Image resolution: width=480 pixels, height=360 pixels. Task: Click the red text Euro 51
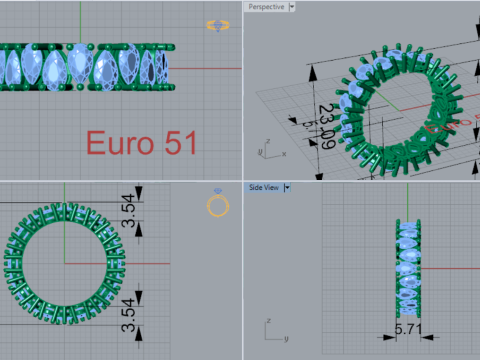click(x=139, y=143)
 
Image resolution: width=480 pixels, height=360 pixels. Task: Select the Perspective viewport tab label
click(x=265, y=6)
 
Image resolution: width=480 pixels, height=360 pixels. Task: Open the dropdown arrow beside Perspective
click(x=292, y=6)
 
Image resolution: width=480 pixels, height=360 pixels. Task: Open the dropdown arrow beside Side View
click(x=287, y=187)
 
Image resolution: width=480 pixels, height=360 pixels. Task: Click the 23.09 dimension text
click(x=325, y=125)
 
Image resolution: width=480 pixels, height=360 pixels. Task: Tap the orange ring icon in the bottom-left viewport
click(x=217, y=205)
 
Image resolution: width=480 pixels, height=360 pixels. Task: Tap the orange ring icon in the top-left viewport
click(x=217, y=25)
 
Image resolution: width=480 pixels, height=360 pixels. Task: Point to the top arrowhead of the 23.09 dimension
click(x=314, y=72)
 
